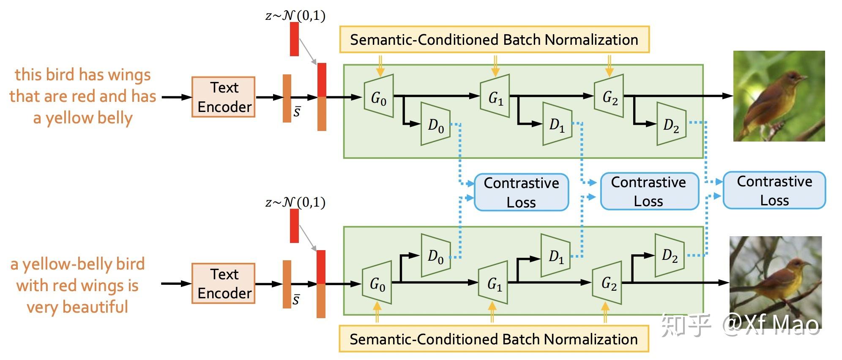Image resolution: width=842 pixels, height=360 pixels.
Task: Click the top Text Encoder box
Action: point(223,97)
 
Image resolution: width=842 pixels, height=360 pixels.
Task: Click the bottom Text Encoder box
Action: point(223,283)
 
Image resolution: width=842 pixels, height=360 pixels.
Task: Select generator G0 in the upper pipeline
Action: point(379,97)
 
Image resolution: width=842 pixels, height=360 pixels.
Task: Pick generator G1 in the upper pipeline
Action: point(495,97)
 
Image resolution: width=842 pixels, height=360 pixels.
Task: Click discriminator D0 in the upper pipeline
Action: point(435,124)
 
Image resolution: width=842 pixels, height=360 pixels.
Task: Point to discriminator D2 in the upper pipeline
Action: point(671,124)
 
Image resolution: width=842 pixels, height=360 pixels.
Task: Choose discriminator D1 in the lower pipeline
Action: point(556,256)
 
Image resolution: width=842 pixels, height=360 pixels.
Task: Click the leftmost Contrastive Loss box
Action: point(521,192)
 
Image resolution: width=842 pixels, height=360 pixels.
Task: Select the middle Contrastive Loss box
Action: point(649,191)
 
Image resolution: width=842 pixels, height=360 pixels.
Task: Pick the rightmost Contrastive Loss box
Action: point(774,190)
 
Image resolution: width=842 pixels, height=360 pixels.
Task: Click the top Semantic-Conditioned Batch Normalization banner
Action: point(494,40)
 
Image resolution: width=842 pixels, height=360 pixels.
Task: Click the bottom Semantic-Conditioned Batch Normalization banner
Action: point(494,339)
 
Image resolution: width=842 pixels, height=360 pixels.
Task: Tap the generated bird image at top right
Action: point(779,96)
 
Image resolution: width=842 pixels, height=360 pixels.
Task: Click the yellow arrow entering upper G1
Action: point(495,66)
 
